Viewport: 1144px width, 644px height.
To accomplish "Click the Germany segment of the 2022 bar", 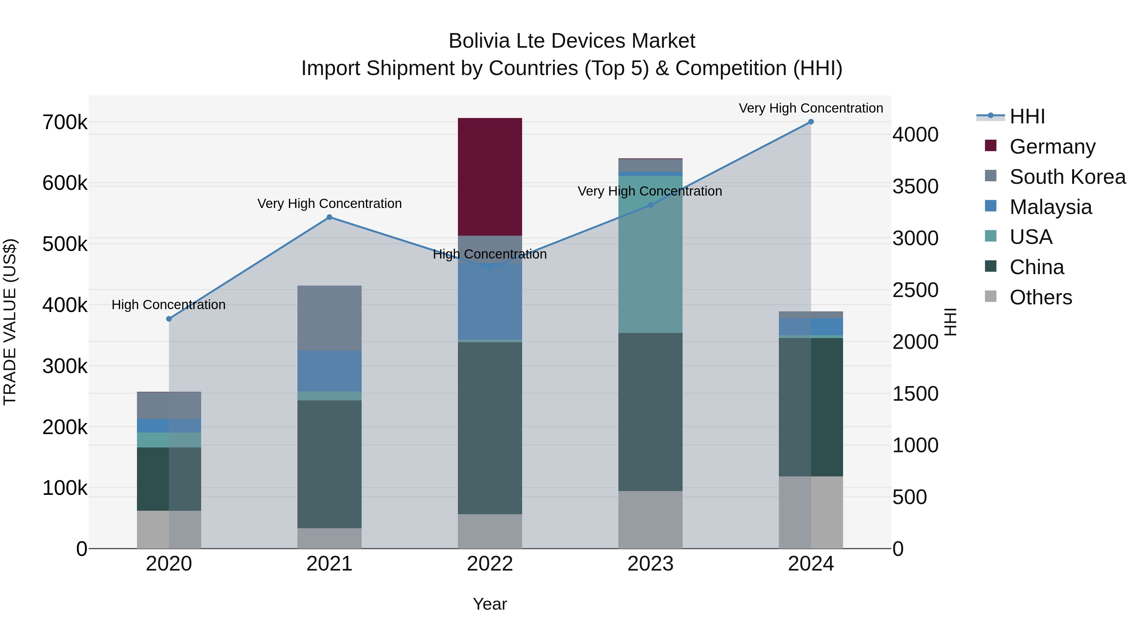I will click(490, 177).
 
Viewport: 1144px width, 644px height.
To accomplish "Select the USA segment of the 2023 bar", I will click(650, 254).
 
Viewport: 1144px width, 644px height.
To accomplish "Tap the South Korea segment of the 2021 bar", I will click(329, 318).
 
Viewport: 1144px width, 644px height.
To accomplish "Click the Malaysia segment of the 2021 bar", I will click(329, 371).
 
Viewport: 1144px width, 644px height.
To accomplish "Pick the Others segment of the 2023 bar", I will click(650, 520).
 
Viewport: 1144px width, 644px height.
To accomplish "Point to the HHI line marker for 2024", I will click(811, 122).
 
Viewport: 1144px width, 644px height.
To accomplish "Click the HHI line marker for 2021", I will click(329, 217).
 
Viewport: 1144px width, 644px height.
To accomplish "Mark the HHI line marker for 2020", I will click(169, 319).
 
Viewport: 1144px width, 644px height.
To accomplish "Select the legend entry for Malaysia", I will click(1050, 207).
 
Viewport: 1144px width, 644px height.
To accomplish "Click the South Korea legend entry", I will click(1067, 177).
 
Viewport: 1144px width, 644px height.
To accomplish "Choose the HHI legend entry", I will click(1027, 116).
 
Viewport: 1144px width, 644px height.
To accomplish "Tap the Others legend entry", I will click(1040, 297).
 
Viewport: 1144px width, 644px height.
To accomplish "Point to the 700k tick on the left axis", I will click(65, 123).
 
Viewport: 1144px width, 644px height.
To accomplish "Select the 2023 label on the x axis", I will click(650, 564).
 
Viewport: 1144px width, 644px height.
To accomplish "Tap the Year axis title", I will click(490, 604).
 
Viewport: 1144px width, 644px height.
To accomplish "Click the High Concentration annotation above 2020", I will click(169, 305).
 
